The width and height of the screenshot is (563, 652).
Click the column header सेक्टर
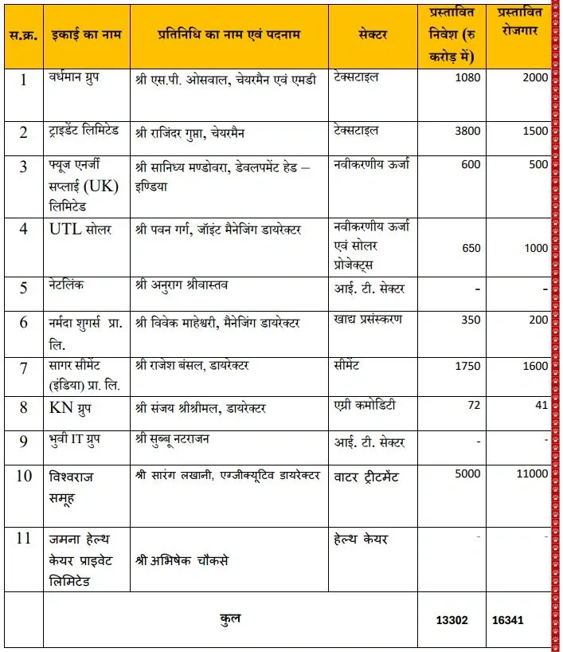pyautogui.click(x=374, y=37)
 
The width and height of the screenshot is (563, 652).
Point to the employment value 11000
pyautogui.click(x=530, y=474)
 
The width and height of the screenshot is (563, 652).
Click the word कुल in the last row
pyautogui.click(x=230, y=619)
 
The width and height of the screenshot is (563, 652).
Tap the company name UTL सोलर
pyautogui.click(x=77, y=229)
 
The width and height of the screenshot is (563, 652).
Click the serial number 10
pyautogui.click(x=24, y=476)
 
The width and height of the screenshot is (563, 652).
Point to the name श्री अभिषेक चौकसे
pyautogui.click(x=182, y=560)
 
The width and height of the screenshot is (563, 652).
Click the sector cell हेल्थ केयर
pyautogui.click(x=362, y=540)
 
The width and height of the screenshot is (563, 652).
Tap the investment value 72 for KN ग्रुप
pyautogui.click(x=474, y=405)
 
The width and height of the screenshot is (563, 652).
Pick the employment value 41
pyautogui.click(x=541, y=405)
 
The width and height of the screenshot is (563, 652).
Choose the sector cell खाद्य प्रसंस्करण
pyautogui.click(x=369, y=320)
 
